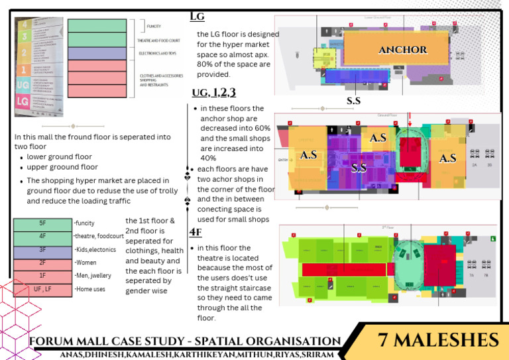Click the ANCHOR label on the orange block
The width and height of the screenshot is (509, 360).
pos(402,50)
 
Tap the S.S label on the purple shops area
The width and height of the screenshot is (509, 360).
pos(359,168)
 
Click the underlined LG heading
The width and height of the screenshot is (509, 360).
pos(197,16)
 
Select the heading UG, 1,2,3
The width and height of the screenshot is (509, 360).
pos(213,92)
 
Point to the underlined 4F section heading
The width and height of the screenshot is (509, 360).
pos(196,232)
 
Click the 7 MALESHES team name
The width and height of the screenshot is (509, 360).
pos(438,340)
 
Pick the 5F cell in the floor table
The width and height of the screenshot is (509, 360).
pos(42,224)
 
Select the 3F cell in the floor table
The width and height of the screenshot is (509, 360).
pos(42,250)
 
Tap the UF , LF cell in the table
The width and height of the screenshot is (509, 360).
pos(42,290)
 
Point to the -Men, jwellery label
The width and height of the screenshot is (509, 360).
pos(93,275)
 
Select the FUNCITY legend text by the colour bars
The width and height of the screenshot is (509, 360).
pos(153,26)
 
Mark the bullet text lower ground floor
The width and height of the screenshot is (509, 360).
pos(59,157)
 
